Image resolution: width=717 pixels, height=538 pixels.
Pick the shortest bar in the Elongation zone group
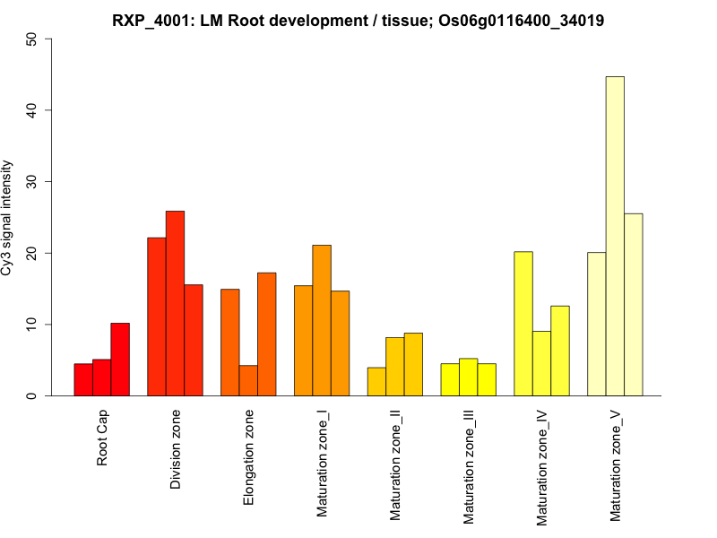point(248,380)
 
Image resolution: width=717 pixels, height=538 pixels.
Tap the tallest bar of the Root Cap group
point(120,360)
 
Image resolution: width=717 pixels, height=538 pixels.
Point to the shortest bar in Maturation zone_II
point(376,382)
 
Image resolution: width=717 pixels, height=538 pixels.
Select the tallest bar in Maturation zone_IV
point(523,324)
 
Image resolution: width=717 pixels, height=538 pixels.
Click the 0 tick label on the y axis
point(33,395)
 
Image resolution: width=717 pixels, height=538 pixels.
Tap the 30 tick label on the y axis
point(33,182)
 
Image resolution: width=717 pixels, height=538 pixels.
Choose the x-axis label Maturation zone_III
point(468,466)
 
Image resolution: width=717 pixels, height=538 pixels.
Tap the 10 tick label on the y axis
point(33,325)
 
